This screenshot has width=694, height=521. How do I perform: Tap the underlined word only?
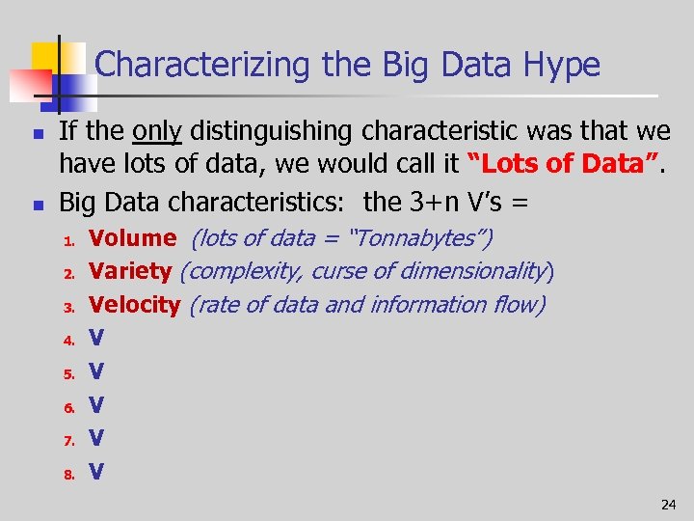click(x=157, y=131)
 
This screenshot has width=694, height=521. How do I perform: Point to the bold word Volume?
click(x=132, y=237)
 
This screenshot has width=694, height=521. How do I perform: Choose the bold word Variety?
click(x=130, y=271)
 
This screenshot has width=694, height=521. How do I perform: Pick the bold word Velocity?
click(x=134, y=305)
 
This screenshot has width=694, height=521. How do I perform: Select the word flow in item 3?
click(x=520, y=305)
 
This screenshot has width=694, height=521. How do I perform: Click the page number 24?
click(x=668, y=505)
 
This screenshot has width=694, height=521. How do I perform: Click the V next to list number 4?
click(x=96, y=338)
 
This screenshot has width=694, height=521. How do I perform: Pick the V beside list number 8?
click(x=96, y=472)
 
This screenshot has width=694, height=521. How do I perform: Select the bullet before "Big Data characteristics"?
click(x=36, y=203)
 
